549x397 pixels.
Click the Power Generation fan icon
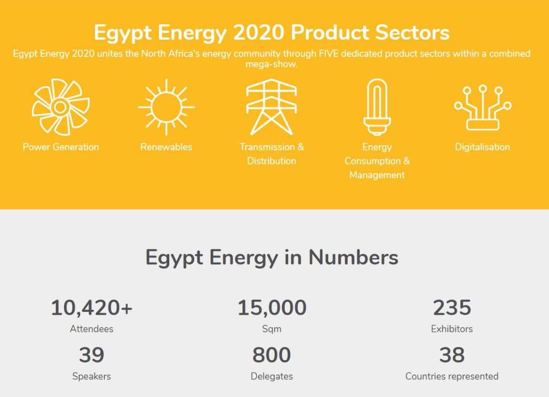[x=61, y=107]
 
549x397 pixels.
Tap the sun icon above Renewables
[x=166, y=107]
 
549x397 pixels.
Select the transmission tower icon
[x=271, y=107]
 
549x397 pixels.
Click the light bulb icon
[x=377, y=107]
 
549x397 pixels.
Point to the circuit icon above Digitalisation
[x=483, y=108]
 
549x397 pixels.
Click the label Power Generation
[x=61, y=147]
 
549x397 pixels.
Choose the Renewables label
[x=166, y=147]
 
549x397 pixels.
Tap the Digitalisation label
[x=482, y=147]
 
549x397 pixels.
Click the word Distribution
[x=271, y=161]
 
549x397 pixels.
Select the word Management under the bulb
[x=377, y=175]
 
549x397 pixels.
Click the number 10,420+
[x=92, y=308]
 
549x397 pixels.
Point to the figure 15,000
[x=272, y=308]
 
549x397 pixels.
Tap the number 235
[x=452, y=308]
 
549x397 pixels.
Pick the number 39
[x=92, y=355]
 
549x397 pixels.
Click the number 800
[x=271, y=355]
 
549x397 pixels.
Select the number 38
[x=452, y=355]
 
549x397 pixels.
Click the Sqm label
[x=272, y=329]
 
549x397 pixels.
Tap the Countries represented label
[x=452, y=376]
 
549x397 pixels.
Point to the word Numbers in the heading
[x=353, y=258]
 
